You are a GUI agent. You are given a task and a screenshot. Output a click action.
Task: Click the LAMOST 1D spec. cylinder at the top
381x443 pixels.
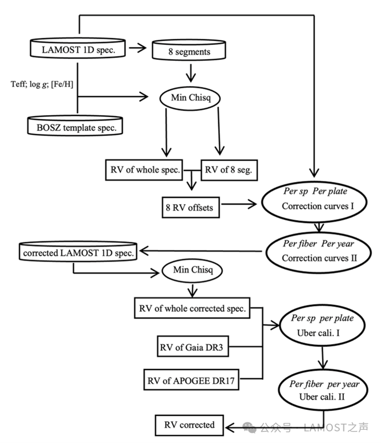(78, 48)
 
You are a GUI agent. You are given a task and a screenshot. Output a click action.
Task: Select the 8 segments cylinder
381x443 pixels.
(189, 50)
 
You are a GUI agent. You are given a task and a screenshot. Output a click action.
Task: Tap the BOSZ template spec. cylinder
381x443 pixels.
(75, 126)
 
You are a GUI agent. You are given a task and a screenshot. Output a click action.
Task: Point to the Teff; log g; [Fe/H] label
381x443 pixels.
(42, 84)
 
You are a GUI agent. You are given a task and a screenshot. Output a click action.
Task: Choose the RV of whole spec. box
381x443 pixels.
(144, 170)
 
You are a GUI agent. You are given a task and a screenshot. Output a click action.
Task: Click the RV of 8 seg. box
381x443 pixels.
(229, 170)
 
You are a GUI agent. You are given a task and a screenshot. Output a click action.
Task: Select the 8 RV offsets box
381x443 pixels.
(190, 207)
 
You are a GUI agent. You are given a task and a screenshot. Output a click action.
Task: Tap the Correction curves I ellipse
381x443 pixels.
(314, 202)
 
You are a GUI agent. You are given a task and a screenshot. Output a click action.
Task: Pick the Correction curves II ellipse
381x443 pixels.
(318, 253)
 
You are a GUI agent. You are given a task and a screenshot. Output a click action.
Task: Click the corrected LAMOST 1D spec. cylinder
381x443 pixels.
(78, 251)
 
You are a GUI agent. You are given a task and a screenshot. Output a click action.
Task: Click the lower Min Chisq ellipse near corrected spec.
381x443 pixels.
(192, 270)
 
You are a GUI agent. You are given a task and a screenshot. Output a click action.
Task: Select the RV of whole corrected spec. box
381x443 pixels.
(192, 308)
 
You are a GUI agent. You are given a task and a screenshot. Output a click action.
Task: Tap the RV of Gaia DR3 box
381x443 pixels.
(193, 346)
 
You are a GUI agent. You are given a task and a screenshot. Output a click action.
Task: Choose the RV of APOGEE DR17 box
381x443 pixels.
(191, 380)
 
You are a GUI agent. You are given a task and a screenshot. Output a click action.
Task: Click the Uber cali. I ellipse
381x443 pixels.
(322, 325)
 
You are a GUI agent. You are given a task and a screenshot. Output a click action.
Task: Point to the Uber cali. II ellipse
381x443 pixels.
(323, 390)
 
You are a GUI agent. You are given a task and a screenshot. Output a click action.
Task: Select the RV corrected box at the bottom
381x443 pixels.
(189, 425)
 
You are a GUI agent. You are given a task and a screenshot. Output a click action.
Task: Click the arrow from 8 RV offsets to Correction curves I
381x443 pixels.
(239, 204)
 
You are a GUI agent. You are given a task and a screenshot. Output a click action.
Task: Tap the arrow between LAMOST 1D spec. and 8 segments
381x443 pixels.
(138, 48)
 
